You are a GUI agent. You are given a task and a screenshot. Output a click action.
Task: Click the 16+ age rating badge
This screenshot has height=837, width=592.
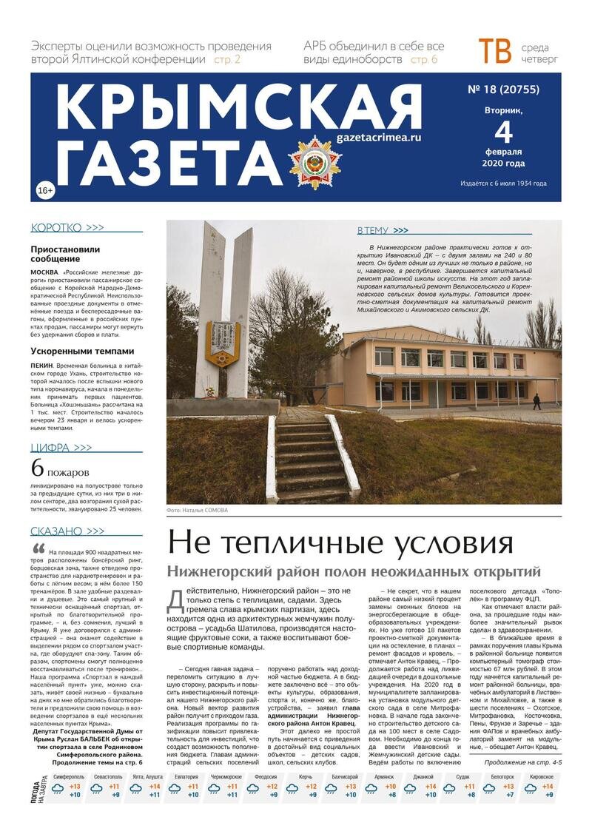pyautogui.click(x=44, y=191)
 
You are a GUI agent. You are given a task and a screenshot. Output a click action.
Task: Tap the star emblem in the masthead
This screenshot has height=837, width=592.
pyautogui.click(x=315, y=161)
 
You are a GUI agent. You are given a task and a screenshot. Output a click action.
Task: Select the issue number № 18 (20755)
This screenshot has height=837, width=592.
pyautogui.click(x=503, y=90)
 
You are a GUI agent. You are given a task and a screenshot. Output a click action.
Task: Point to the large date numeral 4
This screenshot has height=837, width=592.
pyautogui.click(x=503, y=133)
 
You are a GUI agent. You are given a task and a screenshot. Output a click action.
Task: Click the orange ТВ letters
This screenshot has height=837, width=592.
pyautogui.click(x=494, y=52)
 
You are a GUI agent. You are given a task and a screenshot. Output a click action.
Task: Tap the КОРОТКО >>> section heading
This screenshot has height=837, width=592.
pyautogui.click(x=67, y=228)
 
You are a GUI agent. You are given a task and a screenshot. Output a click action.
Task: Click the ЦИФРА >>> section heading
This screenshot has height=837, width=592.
pyautogui.click(x=61, y=448)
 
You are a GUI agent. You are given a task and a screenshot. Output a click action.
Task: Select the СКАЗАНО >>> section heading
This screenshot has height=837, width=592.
pyautogui.click(x=67, y=531)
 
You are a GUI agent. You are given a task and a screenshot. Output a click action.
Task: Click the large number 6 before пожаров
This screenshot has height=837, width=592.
pyautogui.click(x=37, y=469)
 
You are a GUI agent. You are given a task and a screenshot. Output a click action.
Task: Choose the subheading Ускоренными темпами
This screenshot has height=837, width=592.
pyautogui.click(x=82, y=351)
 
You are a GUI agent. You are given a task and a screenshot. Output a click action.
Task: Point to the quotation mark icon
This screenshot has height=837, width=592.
pyautogui.click(x=38, y=548)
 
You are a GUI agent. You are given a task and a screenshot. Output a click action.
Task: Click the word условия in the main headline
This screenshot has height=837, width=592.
pyautogui.click(x=445, y=542)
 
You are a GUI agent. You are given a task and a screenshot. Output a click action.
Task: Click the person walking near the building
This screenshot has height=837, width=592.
pyautogui.click(x=536, y=400)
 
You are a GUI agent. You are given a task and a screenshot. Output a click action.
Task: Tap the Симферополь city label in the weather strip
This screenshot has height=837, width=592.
pyautogui.click(x=68, y=777)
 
